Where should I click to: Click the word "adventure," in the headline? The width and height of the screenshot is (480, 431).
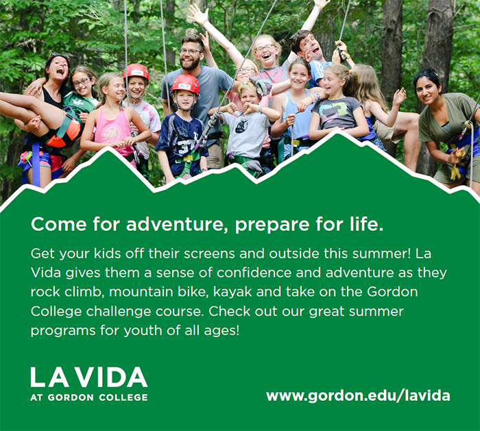tap(177, 224)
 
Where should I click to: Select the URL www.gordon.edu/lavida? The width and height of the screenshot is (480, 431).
tap(358, 396)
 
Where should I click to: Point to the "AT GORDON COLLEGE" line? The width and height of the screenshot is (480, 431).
tap(89, 397)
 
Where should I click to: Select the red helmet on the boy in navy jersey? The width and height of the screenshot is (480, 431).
tap(185, 84)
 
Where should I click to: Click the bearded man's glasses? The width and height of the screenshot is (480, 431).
tap(190, 51)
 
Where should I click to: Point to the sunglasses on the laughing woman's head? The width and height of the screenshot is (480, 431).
tap(58, 56)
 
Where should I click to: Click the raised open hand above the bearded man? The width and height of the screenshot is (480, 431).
tap(197, 14)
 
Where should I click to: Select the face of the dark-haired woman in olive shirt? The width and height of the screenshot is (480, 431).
tap(429, 90)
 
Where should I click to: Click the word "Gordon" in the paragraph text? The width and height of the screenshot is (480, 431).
tap(392, 292)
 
